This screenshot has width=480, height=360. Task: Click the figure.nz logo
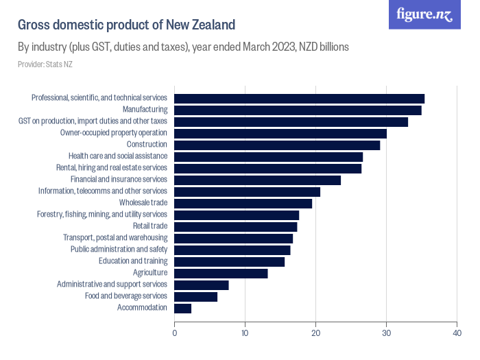click(x=424, y=14)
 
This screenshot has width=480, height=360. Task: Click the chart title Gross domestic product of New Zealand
click(x=126, y=25)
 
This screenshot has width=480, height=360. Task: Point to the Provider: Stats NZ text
click(x=45, y=64)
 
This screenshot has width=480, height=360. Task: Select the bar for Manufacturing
click(x=298, y=110)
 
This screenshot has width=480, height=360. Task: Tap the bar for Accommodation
click(x=183, y=308)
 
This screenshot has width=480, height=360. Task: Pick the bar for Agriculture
click(x=221, y=273)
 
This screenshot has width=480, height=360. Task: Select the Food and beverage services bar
click(x=196, y=296)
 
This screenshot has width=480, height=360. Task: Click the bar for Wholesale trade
click(x=243, y=203)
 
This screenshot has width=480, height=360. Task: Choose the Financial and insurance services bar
click(x=258, y=180)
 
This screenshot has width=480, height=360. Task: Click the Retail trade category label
click(x=149, y=226)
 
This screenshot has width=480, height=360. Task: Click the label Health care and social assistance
click(x=118, y=156)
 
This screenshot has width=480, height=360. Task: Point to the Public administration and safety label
click(x=119, y=250)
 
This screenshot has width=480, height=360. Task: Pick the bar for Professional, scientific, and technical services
click(x=300, y=98)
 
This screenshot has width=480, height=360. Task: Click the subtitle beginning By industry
click(x=184, y=47)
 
